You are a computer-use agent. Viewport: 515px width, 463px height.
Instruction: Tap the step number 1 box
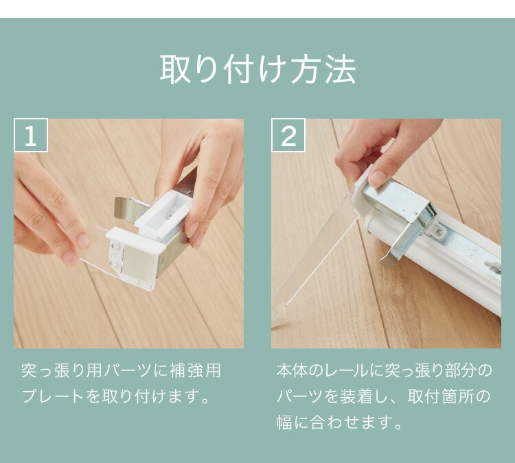point(31,135)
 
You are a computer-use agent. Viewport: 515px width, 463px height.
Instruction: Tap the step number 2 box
point(288,135)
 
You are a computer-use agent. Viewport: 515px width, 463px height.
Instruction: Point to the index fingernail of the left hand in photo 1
point(83,240)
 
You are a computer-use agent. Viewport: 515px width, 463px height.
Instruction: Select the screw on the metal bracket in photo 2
point(439,232)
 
